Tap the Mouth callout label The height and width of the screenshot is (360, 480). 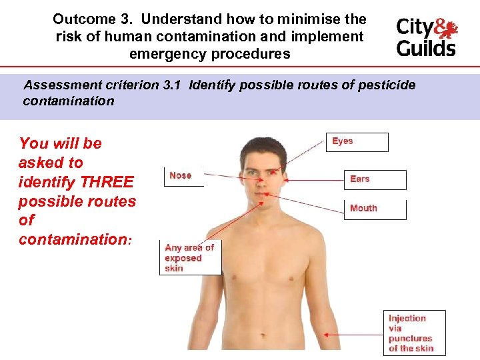(x=375, y=209)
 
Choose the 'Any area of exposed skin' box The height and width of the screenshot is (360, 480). (x=190, y=257)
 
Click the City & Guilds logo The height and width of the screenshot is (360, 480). (x=427, y=37)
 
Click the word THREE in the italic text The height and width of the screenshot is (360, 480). (x=107, y=182)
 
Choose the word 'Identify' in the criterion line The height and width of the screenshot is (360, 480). (x=213, y=85)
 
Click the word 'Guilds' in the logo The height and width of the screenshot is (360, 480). (x=427, y=48)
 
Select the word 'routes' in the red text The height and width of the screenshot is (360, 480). (x=112, y=201)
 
